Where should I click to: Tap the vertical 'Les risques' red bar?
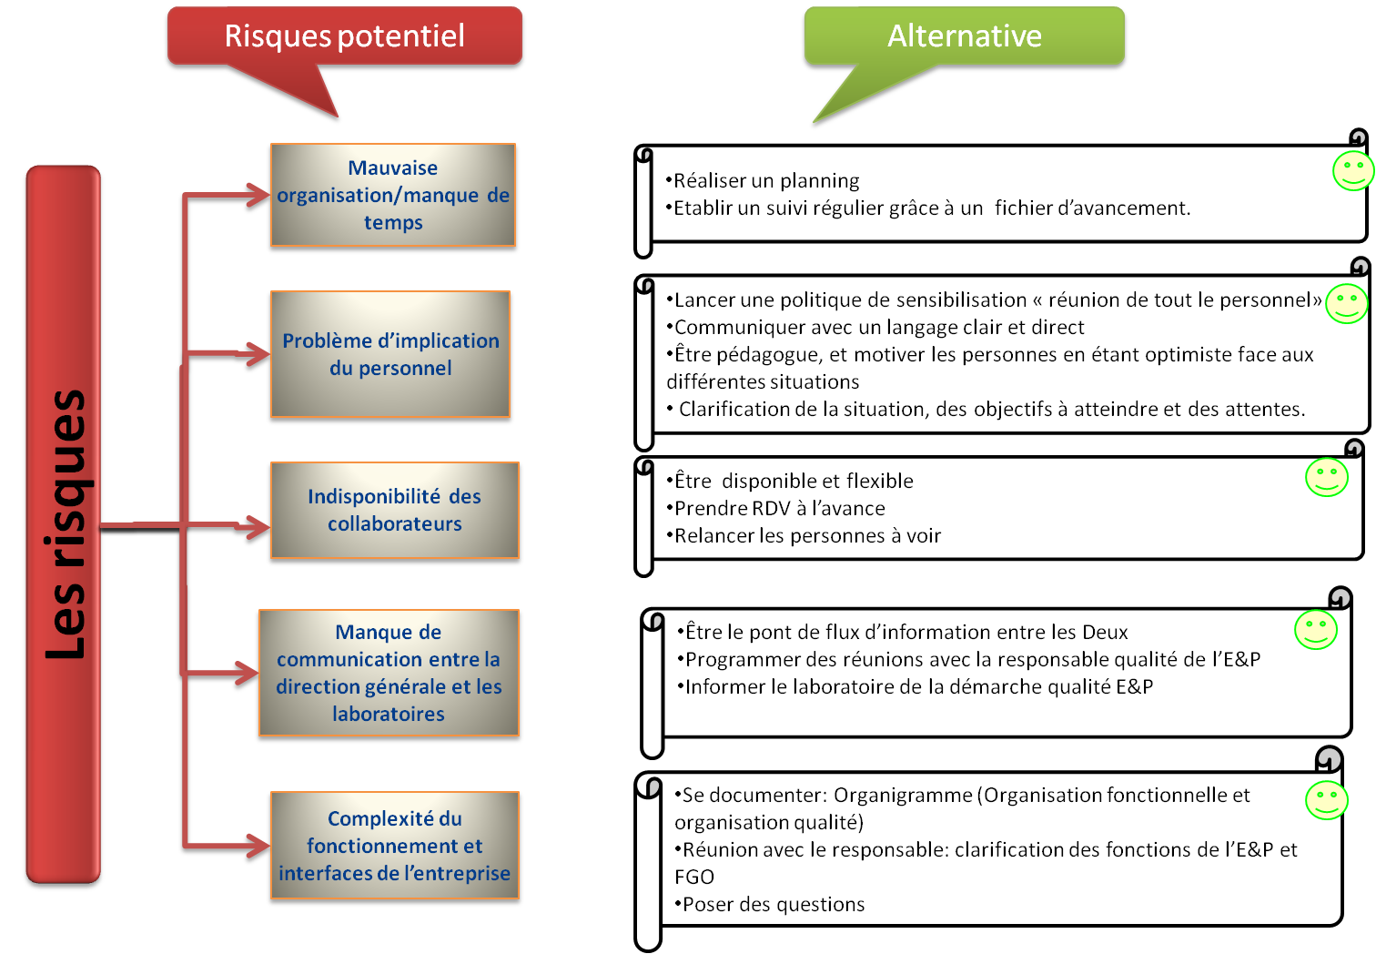coord(63,526)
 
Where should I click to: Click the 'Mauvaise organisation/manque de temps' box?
coord(393,195)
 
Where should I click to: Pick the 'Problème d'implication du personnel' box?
coord(390,354)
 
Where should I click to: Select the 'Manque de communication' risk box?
coord(389,673)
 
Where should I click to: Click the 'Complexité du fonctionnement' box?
coord(394,846)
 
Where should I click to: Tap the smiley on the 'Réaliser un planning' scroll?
coord(1352,170)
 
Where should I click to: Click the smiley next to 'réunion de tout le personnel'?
coord(1346,303)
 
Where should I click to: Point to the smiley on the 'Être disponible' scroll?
coord(1326,477)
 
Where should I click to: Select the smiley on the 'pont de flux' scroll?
coord(1315,629)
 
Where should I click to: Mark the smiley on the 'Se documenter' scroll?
coord(1326,800)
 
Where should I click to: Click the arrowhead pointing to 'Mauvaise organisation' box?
coord(258,197)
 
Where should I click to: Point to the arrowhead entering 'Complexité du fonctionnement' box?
coord(258,846)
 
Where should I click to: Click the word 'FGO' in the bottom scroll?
coord(694,877)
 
